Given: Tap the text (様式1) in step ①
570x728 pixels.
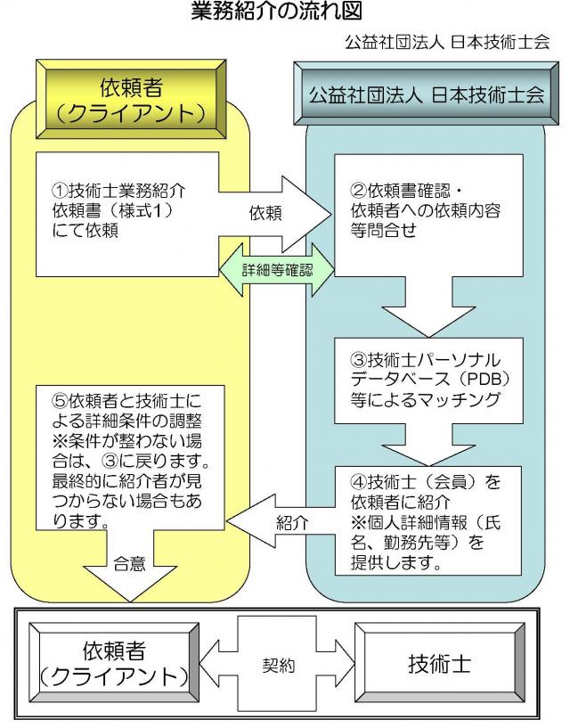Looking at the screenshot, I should click(142, 213).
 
